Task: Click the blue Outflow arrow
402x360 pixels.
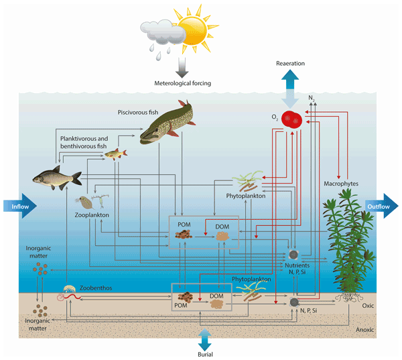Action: tap(383, 206)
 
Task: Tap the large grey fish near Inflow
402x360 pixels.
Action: tap(58, 176)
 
